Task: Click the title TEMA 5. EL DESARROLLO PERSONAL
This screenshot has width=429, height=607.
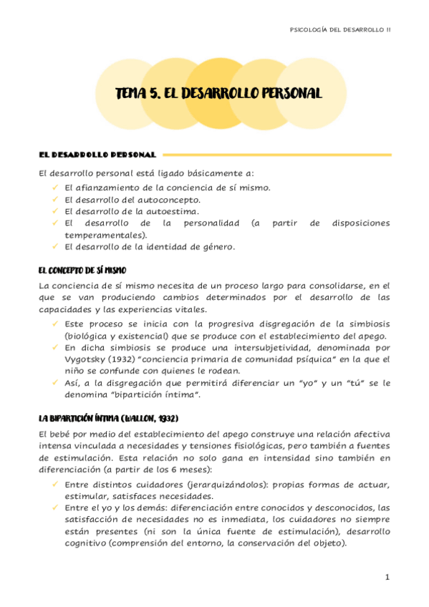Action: click(x=218, y=94)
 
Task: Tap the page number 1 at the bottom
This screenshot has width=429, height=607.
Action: click(x=386, y=577)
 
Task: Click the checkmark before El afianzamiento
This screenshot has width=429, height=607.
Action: click(x=56, y=187)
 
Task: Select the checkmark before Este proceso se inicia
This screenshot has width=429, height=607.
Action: click(x=56, y=324)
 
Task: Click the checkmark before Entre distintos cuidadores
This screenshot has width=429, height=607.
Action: click(x=56, y=484)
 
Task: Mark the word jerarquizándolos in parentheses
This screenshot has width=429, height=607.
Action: click(x=226, y=485)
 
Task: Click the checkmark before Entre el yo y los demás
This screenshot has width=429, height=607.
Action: click(x=56, y=507)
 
